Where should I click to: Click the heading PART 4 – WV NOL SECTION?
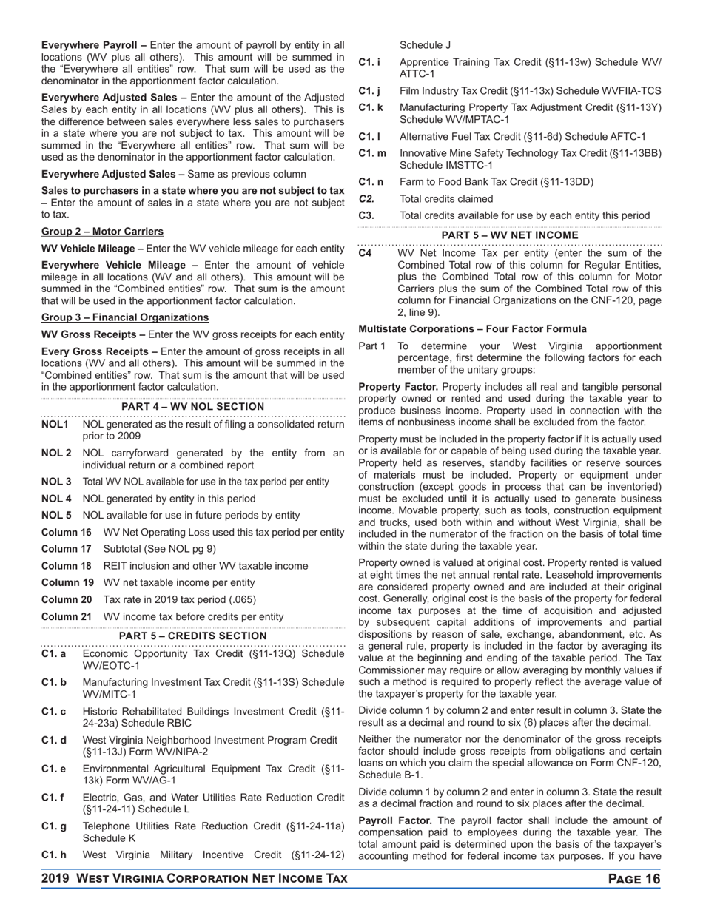[x=192, y=407]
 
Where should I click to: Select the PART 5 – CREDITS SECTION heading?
[x=192, y=636]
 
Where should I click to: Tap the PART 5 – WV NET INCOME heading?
[x=510, y=235]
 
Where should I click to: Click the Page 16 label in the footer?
[x=633, y=879]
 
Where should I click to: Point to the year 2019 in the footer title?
[x=56, y=879]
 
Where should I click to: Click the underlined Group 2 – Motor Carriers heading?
[x=102, y=232]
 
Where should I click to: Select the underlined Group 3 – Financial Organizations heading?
[x=124, y=317]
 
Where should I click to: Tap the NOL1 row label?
[x=55, y=425]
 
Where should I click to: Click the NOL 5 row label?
[x=56, y=515]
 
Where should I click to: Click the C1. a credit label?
[x=54, y=654]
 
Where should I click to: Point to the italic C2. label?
[x=367, y=199]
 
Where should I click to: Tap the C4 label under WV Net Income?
[x=366, y=253]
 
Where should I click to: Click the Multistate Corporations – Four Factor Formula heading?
[x=472, y=329]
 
